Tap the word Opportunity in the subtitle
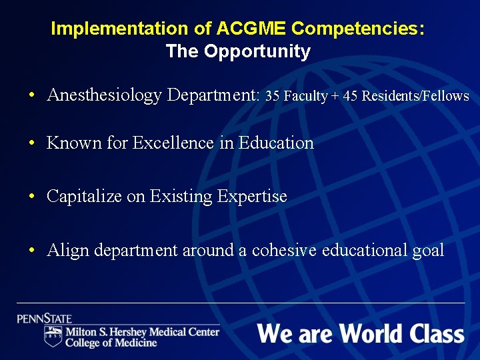point(257,51)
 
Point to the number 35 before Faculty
point(272,96)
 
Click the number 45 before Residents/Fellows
point(350,96)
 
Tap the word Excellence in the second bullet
point(175,143)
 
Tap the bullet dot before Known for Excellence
point(32,143)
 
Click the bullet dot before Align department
point(32,251)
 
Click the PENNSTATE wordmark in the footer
point(44,319)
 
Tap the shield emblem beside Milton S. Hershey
point(53,336)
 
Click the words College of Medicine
point(111,343)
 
